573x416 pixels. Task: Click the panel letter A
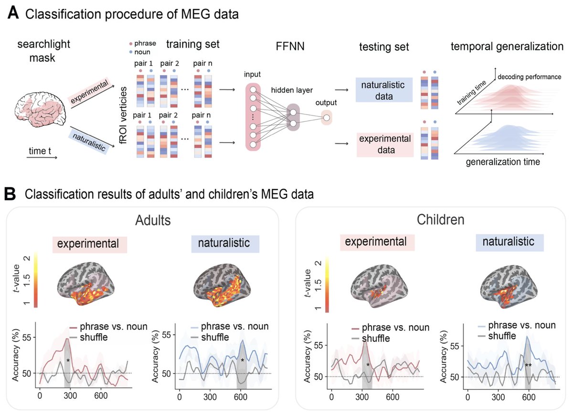point(13,13)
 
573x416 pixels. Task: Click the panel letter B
point(10,194)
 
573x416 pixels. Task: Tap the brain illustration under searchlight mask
point(40,109)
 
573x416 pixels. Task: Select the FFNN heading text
point(290,46)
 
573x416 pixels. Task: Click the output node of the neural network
point(327,117)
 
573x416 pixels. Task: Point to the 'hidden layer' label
point(292,90)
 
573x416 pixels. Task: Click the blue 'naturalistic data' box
point(384,90)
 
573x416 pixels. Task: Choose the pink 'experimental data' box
point(385,144)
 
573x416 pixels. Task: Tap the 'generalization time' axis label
point(503,162)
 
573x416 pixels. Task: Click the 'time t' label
point(40,151)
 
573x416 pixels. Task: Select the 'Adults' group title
point(153,220)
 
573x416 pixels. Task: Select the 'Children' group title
point(440,220)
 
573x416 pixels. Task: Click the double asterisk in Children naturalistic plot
point(528,365)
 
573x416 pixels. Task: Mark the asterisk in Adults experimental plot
point(68,361)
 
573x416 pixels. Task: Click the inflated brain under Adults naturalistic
point(222,285)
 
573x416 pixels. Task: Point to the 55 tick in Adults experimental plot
point(26,338)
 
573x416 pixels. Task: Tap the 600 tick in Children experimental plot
point(393,397)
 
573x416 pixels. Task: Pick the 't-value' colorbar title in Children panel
point(308,283)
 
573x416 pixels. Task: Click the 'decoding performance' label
point(529,77)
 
